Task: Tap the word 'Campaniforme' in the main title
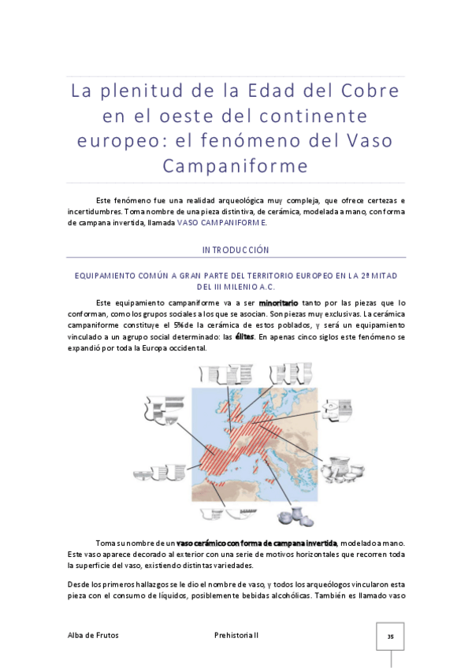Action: pyautogui.click(x=236, y=166)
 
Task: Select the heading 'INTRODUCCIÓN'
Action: pyautogui.click(x=236, y=250)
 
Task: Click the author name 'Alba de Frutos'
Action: pyautogui.click(x=92, y=635)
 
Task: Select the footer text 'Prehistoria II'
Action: pyautogui.click(x=236, y=635)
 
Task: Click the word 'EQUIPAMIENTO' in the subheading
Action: pyautogui.click(x=106, y=276)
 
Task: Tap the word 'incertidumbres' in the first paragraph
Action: pyautogui.click(x=95, y=211)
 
